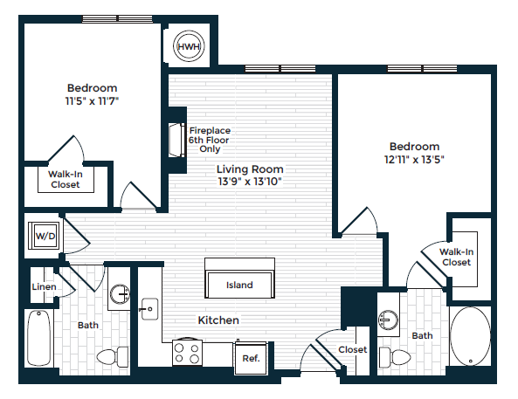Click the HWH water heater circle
(x=188, y=46)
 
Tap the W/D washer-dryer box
(x=43, y=235)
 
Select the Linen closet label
(x=44, y=287)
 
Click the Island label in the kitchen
(x=239, y=285)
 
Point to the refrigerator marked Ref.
(x=250, y=357)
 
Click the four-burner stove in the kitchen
(x=187, y=353)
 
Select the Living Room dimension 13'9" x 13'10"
(x=250, y=182)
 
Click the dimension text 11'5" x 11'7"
(x=92, y=100)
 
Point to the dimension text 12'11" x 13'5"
(x=414, y=160)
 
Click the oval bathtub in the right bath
(x=472, y=337)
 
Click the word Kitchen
(x=218, y=320)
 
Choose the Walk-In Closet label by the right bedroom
(x=456, y=257)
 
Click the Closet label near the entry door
(x=353, y=349)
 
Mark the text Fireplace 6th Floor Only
(x=210, y=140)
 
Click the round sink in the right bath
(x=387, y=320)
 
